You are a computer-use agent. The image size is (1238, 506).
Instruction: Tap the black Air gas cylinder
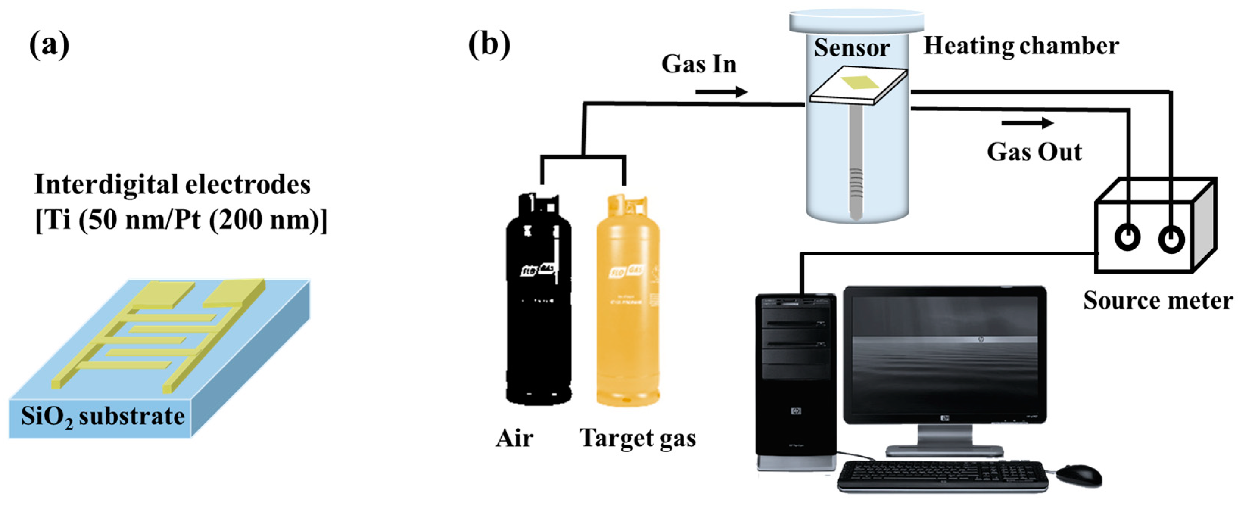click(539, 308)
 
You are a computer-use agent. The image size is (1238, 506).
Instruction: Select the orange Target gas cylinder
click(628, 308)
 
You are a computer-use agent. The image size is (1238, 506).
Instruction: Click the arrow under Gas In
click(721, 91)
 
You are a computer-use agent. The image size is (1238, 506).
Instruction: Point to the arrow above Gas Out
click(1027, 123)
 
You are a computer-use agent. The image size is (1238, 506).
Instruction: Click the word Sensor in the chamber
click(851, 48)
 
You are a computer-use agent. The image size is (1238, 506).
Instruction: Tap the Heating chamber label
click(1021, 46)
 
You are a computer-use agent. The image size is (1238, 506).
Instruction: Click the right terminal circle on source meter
click(1171, 238)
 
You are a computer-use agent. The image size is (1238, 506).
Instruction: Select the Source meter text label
click(1157, 301)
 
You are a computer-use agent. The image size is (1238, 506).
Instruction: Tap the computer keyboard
click(942, 476)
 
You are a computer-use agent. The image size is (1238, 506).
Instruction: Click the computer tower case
click(795, 380)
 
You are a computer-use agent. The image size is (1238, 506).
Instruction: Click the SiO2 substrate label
click(102, 417)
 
